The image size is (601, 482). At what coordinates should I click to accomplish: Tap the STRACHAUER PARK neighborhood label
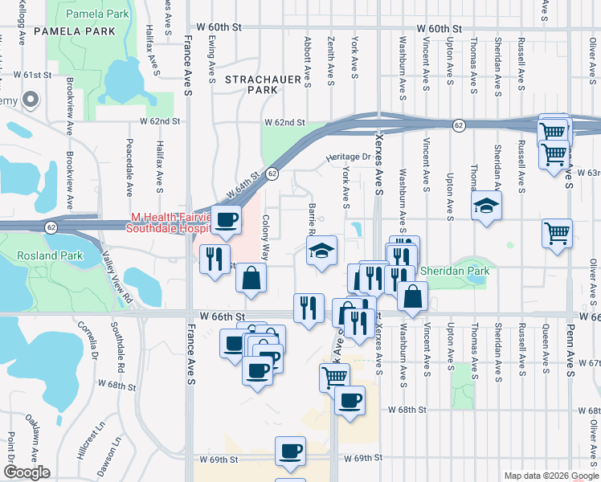point(251,84)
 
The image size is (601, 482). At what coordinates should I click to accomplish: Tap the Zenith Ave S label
point(331,60)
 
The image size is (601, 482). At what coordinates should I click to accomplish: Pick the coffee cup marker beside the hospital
point(227,219)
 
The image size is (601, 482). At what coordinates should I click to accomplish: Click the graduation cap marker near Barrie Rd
point(321,251)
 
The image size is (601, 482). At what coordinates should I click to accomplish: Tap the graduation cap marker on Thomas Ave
point(486,206)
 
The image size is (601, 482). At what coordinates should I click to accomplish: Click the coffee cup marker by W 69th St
point(290,451)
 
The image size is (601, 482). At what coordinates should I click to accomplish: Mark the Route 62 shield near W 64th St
point(272,173)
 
